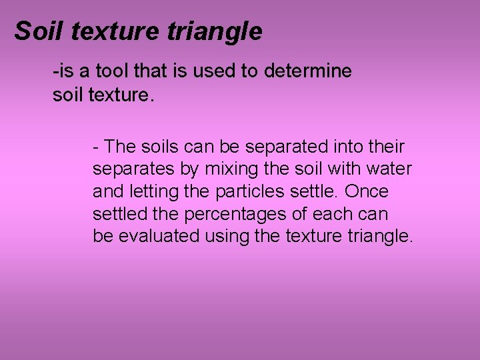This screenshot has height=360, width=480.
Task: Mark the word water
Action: (x=391, y=169)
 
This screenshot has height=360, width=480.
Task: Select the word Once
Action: (x=367, y=192)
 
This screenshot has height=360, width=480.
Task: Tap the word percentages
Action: (x=243, y=215)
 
